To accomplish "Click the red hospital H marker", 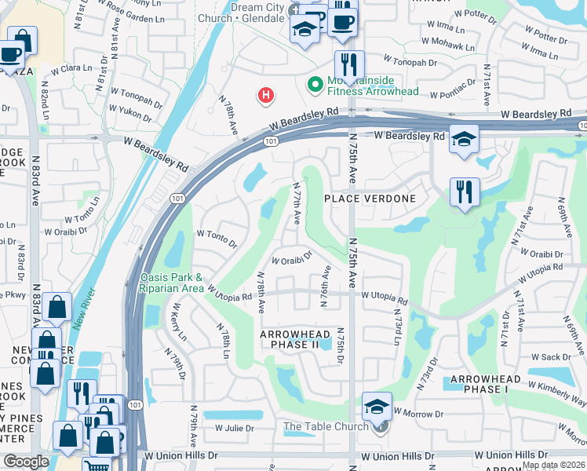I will tap(267, 96).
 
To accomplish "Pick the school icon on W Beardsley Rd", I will tap(464, 140).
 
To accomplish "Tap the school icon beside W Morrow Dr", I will tap(377, 407).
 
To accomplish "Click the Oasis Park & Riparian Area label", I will tap(172, 283).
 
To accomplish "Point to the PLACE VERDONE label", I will tap(370, 199).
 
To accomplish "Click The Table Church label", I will tap(326, 427).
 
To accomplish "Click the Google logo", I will tap(26, 462).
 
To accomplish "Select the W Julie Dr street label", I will tap(235, 429).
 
